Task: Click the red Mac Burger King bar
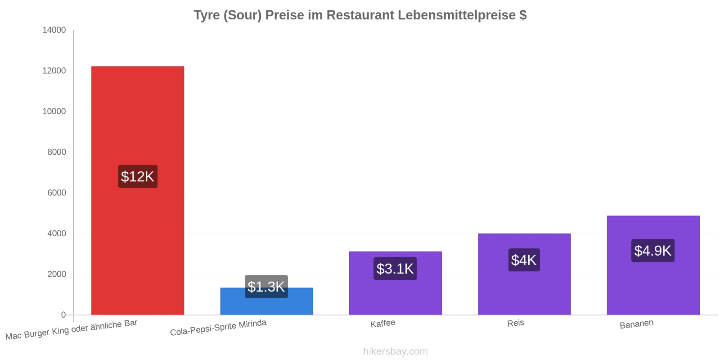[138, 190]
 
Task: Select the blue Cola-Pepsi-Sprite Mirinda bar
[266, 301]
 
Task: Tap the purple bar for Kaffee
[396, 283]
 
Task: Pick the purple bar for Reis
[524, 274]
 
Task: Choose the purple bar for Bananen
[653, 265]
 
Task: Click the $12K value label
[138, 176]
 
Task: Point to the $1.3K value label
[266, 286]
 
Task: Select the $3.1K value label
[395, 268]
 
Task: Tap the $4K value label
[524, 260]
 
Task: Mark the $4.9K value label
[653, 250]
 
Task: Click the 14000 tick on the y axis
[54, 30]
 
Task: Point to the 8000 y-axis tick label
[57, 152]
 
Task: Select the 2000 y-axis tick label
[57, 274]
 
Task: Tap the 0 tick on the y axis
[63, 315]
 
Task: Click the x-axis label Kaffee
[383, 324]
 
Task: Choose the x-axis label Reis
[516, 323]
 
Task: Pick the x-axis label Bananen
[636, 324]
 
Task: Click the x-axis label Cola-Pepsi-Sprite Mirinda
[218, 328]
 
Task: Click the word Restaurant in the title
[360, 15]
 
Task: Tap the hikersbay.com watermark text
[396, 351]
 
